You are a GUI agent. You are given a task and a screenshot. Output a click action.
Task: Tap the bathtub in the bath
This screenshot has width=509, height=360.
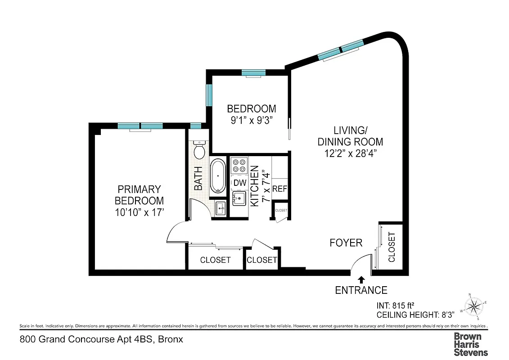pos(218,176)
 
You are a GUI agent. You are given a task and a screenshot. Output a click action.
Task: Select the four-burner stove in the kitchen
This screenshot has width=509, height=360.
pos(239,165)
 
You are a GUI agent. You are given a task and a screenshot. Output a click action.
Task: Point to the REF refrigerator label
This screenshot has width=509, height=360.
pos(279,189)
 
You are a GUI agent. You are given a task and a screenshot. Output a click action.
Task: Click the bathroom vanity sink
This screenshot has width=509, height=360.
pos(220,208)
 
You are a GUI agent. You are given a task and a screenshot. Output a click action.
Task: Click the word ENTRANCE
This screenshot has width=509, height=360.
pos(361,290)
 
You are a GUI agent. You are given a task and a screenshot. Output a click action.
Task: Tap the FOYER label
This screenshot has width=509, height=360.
pos(346,243)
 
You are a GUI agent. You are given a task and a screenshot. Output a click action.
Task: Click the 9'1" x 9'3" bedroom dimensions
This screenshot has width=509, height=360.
pos(251,120)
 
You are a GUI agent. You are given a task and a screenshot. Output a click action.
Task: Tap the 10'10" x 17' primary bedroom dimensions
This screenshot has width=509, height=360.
pos(139,212)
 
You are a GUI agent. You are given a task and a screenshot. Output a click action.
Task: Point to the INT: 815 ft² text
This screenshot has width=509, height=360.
pos(395,304)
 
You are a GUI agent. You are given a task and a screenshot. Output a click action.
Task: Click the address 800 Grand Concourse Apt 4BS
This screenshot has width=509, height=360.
pos(101,339)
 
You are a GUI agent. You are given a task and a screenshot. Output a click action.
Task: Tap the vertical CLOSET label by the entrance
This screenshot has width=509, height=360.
pos(392,247)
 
